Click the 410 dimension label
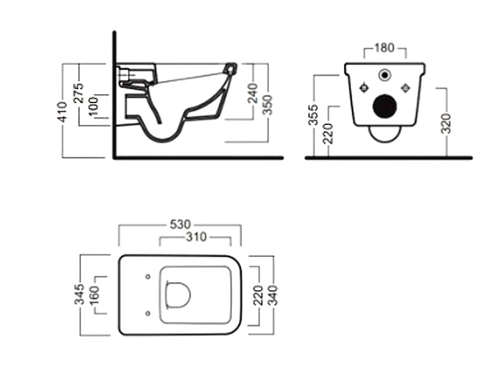point(63,112)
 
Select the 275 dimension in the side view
point(79,92)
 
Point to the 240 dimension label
point(253,93)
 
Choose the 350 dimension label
point(268,104)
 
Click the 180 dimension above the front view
point(384,48)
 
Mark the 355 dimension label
point(314,114)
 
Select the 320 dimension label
point(447,123)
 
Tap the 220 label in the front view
point(328,133)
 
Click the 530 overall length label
point(180,224)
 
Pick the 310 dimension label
point(196,237)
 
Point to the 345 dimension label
point(80,294)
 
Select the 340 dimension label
point(273,295)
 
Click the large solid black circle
point(384,106)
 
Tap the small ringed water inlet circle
point(385,75)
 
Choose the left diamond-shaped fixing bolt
point(364,87)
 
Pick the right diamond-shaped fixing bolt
point(405,87)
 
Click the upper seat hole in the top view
point(148,277)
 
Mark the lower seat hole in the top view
point(148,314)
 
